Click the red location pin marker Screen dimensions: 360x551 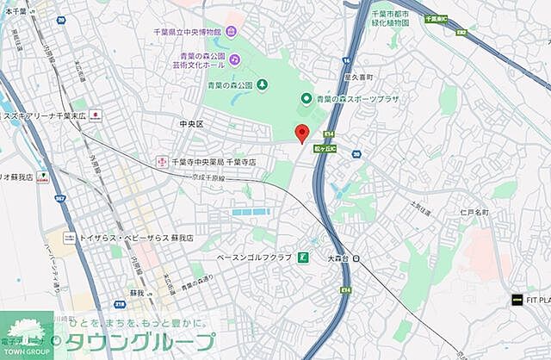point(301,133)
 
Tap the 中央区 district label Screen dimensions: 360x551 point(190,124)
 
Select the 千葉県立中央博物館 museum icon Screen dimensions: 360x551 point(231,32)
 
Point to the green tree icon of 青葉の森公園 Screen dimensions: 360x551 point(262,84)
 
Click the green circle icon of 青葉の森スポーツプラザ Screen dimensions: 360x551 point(305,99)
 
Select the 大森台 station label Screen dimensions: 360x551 point(337,258)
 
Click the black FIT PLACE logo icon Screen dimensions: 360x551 point(517,300)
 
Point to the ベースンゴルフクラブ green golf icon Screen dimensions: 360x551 point(303,258)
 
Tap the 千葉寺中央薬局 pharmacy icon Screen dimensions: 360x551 point(161,161)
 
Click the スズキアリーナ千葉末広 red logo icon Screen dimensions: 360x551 point(95,115)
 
